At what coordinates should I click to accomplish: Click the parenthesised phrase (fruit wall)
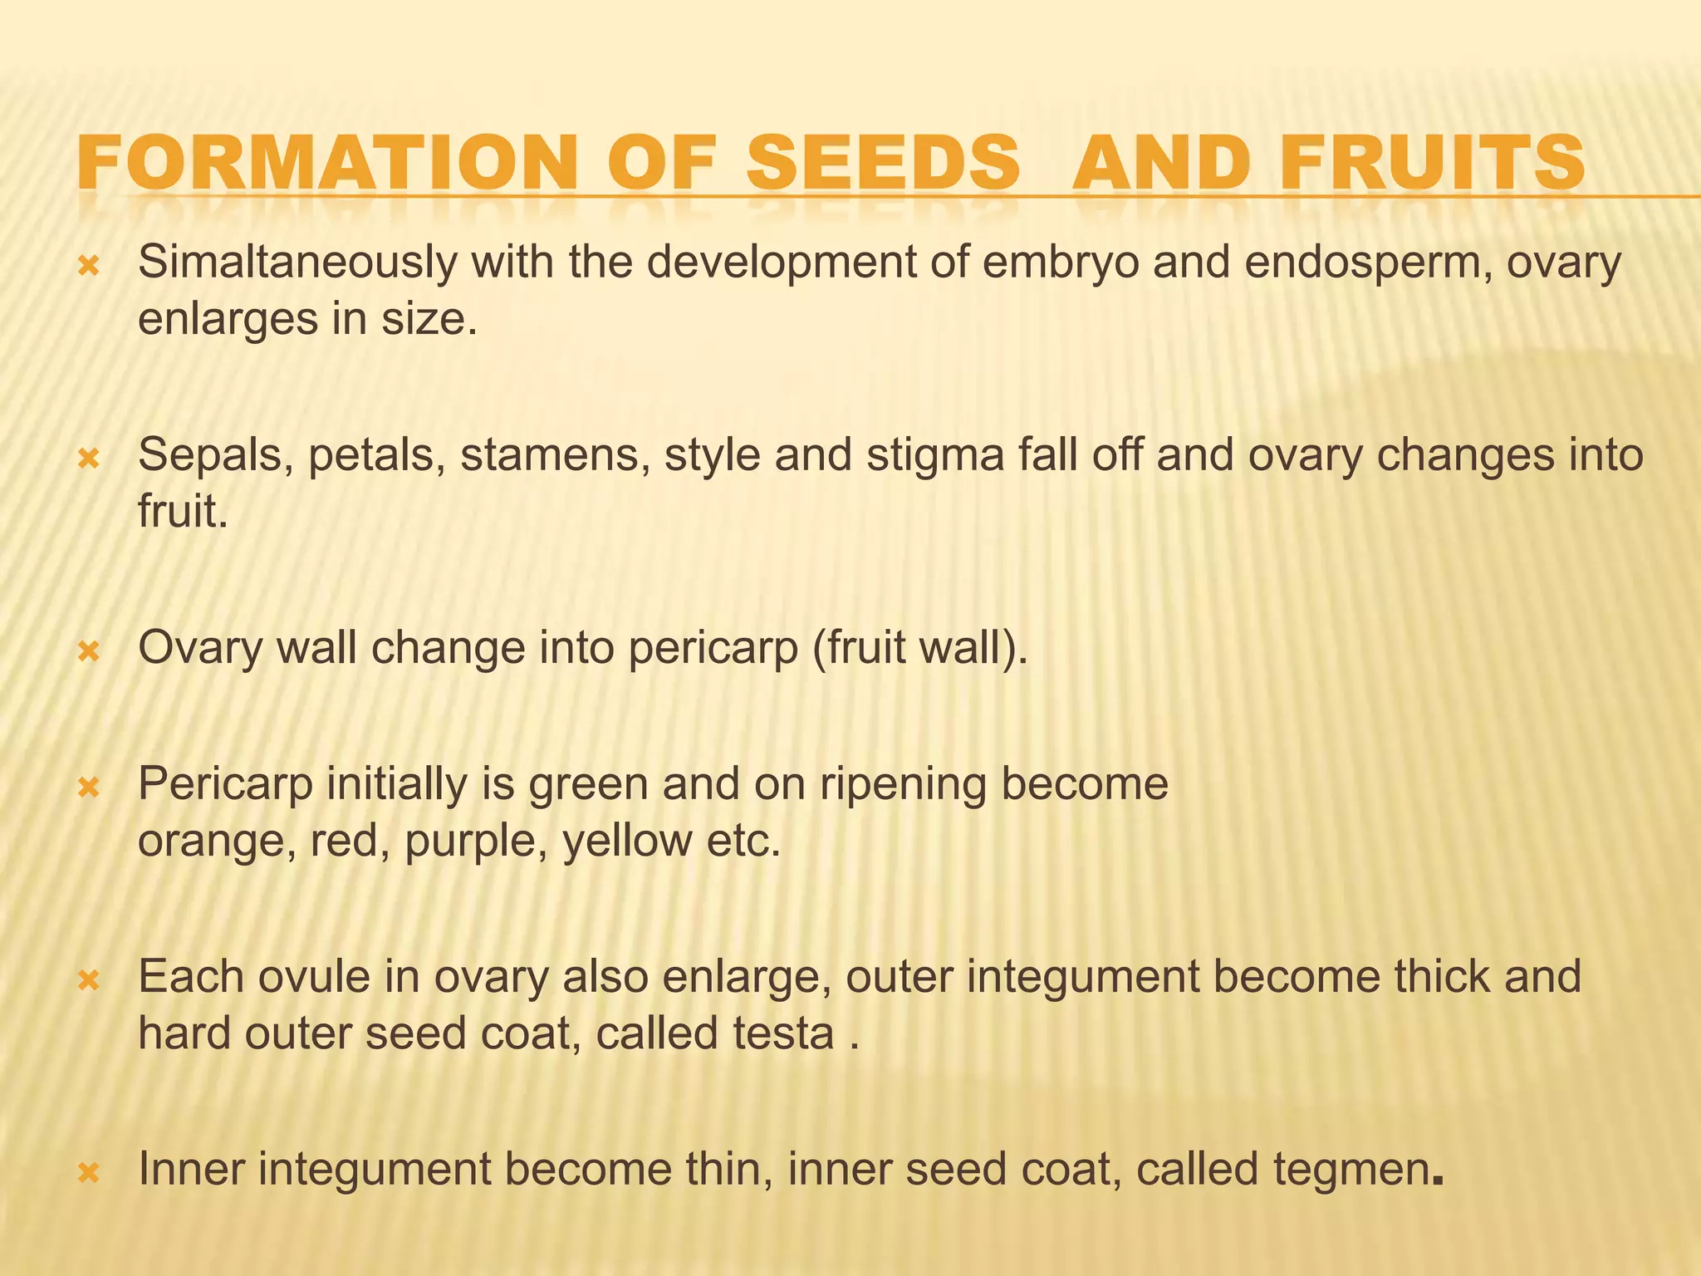tap(920, 648)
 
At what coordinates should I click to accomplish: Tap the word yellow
tap(627, 840)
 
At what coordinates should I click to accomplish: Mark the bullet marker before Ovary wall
tap(88, 651)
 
